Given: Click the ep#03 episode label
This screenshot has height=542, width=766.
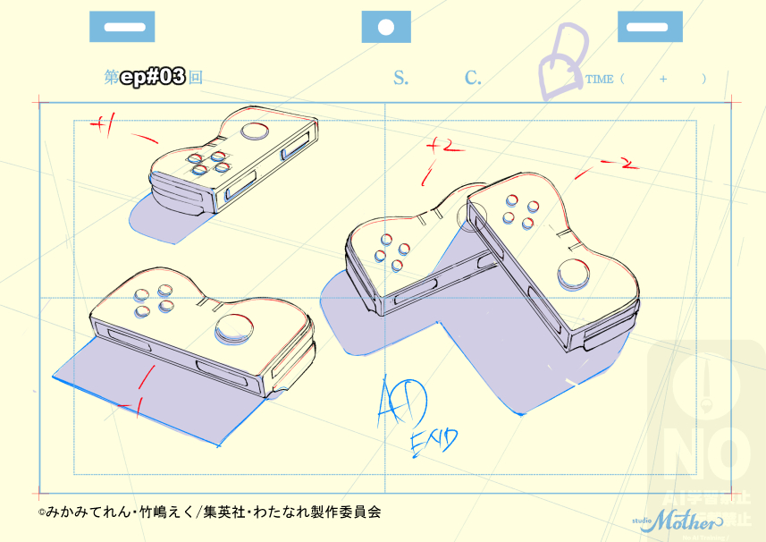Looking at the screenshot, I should coord(152,78).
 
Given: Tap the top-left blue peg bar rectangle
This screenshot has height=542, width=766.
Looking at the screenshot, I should coord(122,27).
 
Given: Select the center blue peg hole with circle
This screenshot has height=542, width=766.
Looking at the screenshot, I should coord(386,27).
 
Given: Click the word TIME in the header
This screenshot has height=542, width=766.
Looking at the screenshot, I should coord(599,80).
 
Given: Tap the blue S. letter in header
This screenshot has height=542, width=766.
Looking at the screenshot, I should coord(400,78).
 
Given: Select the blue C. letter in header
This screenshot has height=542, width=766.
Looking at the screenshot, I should coord(473,78).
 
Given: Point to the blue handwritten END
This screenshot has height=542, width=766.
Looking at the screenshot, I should coord(434,439).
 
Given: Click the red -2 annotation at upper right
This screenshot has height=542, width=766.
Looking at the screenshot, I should coord(619,163).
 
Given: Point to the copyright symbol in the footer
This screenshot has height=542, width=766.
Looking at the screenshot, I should coord(41,513).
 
